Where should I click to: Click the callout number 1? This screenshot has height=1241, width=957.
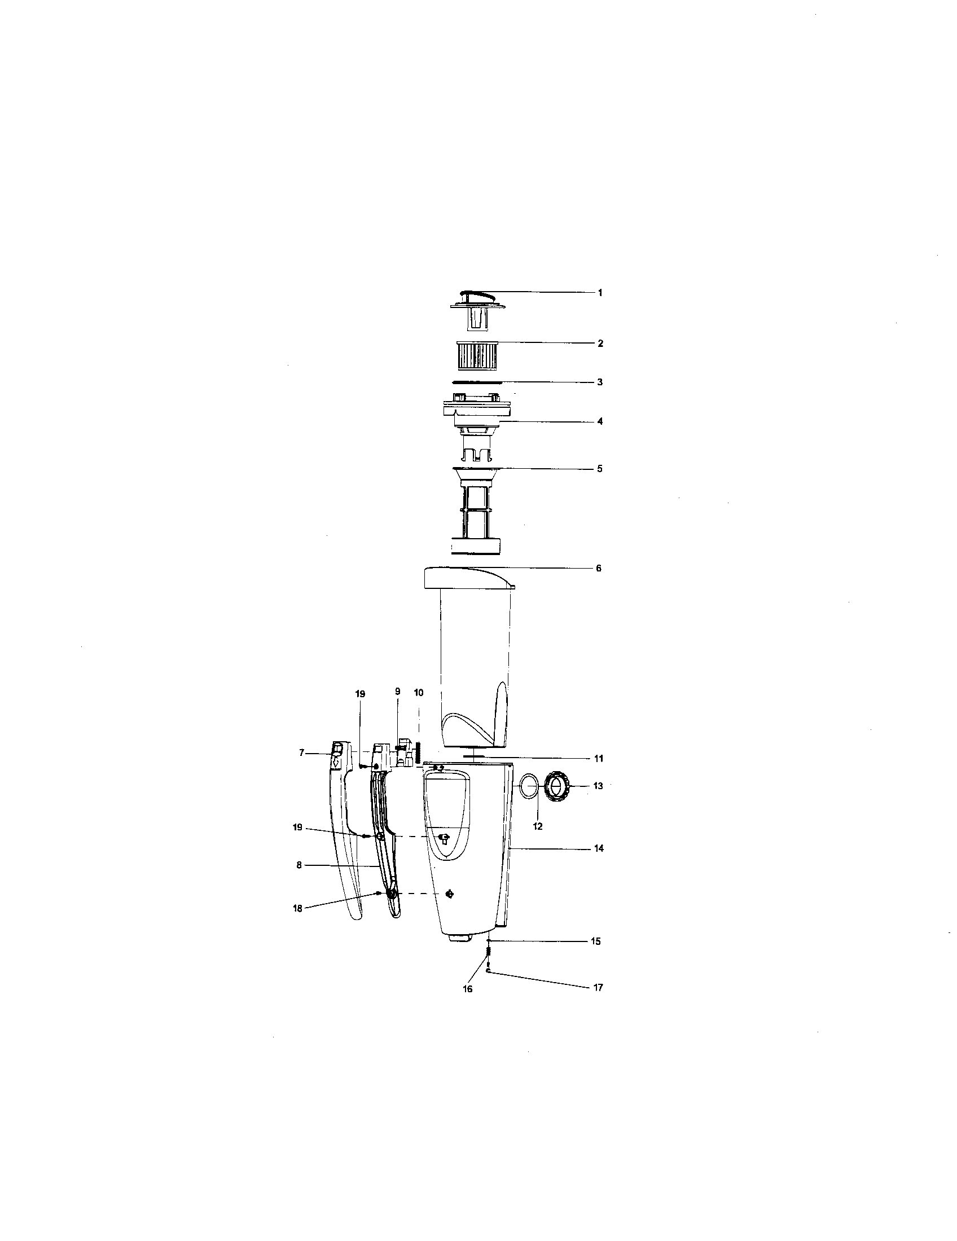[600, 293]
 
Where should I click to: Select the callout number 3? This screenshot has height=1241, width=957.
[600, 382]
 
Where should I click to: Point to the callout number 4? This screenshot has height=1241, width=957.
[600, 421]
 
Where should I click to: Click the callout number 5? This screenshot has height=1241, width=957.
[600, 469]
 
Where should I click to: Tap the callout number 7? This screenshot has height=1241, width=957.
[302, 753]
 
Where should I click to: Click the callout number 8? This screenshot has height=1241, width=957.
[299, 865]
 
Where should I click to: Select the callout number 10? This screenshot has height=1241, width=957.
[419, 693]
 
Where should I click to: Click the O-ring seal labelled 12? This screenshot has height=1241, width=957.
[529, 789]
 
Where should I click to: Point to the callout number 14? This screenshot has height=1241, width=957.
[599, 848]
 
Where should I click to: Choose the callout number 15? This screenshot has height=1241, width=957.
[595, 941]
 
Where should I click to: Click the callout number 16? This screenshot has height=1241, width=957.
[467, 989]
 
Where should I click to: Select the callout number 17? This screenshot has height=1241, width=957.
[598, 988]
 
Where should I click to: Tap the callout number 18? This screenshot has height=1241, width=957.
[297, 908]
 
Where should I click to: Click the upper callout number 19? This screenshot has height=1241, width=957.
[361, 694]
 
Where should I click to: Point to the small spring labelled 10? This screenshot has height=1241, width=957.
[418, 753]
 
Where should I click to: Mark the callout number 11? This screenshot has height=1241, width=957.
[599, 759]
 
